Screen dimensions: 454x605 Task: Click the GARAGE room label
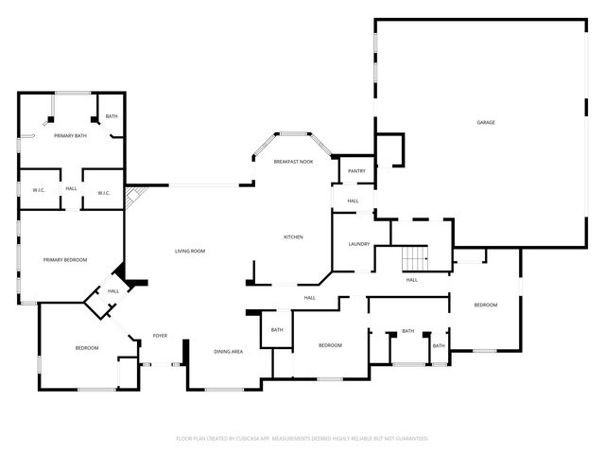(486, 122)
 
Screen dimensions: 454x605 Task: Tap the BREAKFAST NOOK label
(294, 162)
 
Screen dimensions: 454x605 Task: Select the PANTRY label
(356, 170)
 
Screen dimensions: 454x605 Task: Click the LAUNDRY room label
(358, 244)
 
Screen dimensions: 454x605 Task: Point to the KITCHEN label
(294, 236)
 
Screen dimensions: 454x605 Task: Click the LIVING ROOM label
(190, 251)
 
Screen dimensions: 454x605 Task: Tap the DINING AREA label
(228, 351)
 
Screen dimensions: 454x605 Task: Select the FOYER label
(160, 336)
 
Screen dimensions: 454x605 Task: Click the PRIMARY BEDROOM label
(65, 259)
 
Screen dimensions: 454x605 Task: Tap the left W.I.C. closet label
(39, 192)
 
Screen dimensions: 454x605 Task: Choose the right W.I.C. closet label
(104, 193)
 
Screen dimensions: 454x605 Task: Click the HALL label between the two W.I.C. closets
(71, 188)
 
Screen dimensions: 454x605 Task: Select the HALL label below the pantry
(353, 201)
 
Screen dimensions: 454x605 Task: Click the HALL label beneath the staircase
(412, 279)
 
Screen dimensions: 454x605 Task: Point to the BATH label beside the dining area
(277, 329)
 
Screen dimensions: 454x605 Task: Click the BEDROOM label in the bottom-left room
(87, 348)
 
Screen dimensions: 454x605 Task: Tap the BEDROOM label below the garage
(486, 305)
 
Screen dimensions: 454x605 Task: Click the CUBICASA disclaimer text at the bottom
(302, 438)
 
